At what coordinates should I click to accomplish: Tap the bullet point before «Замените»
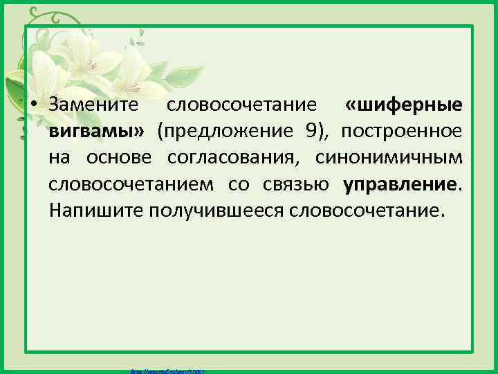(33, 105)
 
